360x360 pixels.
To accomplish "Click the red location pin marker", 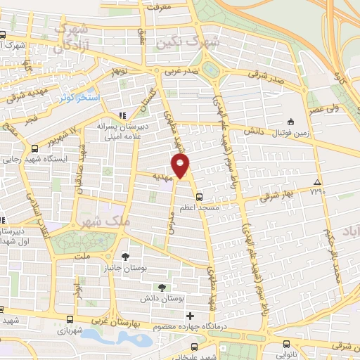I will [181, 166].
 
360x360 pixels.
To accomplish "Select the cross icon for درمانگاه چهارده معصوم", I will [190, 316].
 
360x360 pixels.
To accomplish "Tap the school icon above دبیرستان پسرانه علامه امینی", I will [122, 115].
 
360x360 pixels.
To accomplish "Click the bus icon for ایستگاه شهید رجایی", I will [34, 148].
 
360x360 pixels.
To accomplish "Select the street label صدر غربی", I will [179, 72].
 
